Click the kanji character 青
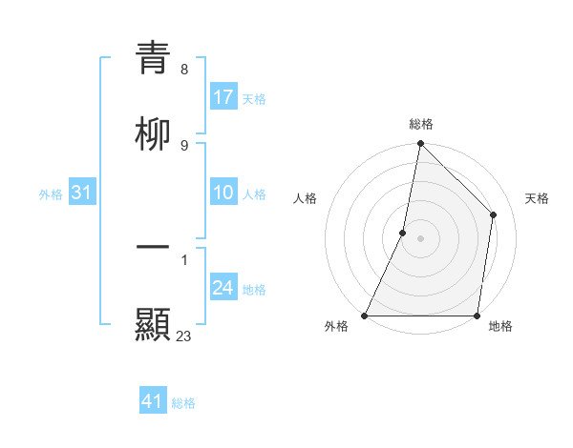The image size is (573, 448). pos(153,58)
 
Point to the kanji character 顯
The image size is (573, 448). pos(153,325)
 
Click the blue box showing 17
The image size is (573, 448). pos(223,97)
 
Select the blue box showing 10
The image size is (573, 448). pos(223,193)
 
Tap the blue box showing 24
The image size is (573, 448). pos(223,289)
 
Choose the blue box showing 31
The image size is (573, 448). pos(82,193)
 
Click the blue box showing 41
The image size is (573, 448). pos(153,401)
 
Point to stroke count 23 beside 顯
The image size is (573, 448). pos(184,336)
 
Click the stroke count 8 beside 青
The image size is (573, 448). pos(183,70)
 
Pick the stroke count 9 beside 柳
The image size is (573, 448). pos(183,146)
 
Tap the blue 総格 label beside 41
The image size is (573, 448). pos(183,403)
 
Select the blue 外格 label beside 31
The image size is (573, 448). pos(51,194)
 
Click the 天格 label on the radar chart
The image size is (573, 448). pos(537,198)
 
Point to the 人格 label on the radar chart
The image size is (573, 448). pos(305,198)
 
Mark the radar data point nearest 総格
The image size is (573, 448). pos(420,143)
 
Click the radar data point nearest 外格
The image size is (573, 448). pos(365,316)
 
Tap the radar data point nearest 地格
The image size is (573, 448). pos(477,316)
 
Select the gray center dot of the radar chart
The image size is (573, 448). pos(420,238)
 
